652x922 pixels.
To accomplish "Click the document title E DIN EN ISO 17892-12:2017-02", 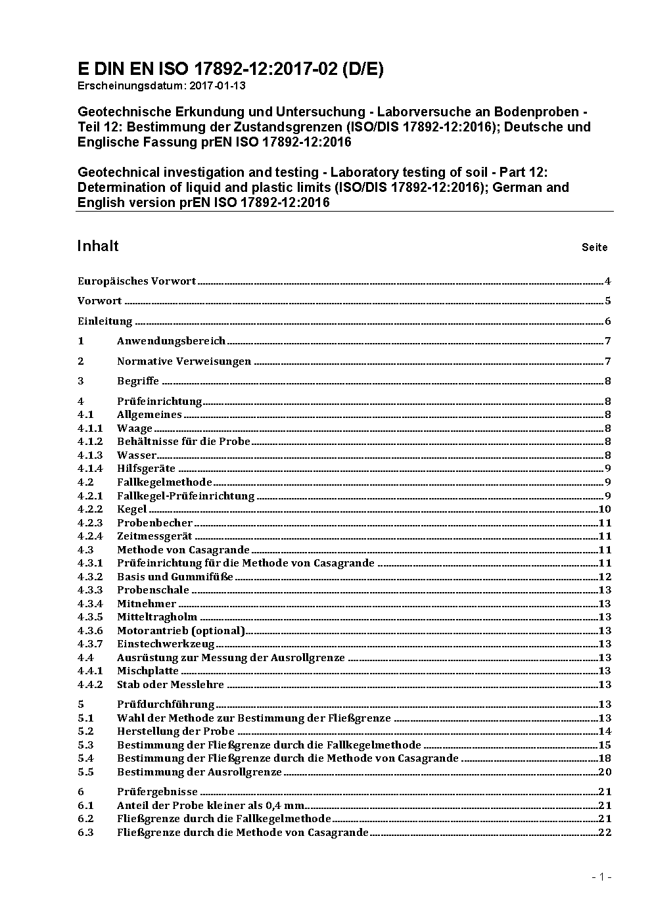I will (231, 69).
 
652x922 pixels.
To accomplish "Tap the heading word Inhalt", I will (98, 246).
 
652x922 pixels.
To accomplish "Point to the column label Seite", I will (594, 248).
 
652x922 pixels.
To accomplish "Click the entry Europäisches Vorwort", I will (137, 281).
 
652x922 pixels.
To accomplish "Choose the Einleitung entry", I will (105, 321).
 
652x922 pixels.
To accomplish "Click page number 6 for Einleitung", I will (608, 321).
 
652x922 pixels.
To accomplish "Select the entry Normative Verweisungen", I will (184, 361).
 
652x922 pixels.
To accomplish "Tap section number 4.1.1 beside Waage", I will (90, 428).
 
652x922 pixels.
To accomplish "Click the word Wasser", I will (137, 455).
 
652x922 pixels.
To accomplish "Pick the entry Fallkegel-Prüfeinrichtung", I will (185, 496).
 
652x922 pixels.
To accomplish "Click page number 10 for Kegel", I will (605, 509).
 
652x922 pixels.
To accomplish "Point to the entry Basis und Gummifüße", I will (175, 577).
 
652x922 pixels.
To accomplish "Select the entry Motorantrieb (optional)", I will (181, 631).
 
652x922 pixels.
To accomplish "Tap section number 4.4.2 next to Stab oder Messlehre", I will (90, 685).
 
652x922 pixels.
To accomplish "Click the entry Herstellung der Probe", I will (175, 731).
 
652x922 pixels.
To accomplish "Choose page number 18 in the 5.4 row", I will (605, 758).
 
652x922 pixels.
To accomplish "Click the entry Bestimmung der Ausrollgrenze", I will (199, 772).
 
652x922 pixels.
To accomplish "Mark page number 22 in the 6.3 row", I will (605, 833).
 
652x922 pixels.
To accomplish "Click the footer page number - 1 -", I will (601, 877).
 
